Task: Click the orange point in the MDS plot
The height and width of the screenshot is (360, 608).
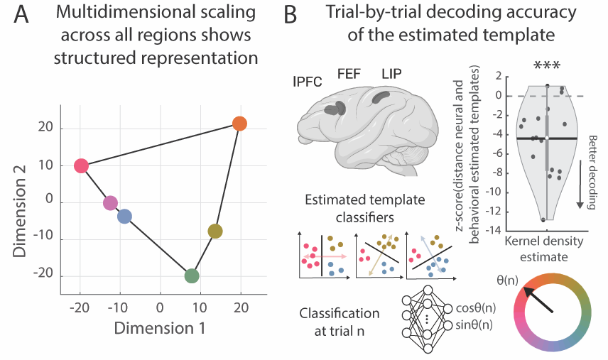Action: click(239, 124)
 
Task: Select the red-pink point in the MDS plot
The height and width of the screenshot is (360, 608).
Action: click(81, 166)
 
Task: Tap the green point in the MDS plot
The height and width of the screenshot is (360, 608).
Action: click(191, 276)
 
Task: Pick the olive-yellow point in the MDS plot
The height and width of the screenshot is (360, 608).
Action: click(215, 231)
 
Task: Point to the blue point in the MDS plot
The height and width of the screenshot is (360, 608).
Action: click(124, 217)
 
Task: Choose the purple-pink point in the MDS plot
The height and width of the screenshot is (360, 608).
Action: click(110, 203)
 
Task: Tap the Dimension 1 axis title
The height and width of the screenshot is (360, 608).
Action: click(161, 329)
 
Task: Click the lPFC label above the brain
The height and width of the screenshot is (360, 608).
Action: click(308, 81)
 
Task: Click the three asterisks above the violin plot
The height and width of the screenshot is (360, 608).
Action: click(547, 66)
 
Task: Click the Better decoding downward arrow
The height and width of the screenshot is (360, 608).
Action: click(580, 185)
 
